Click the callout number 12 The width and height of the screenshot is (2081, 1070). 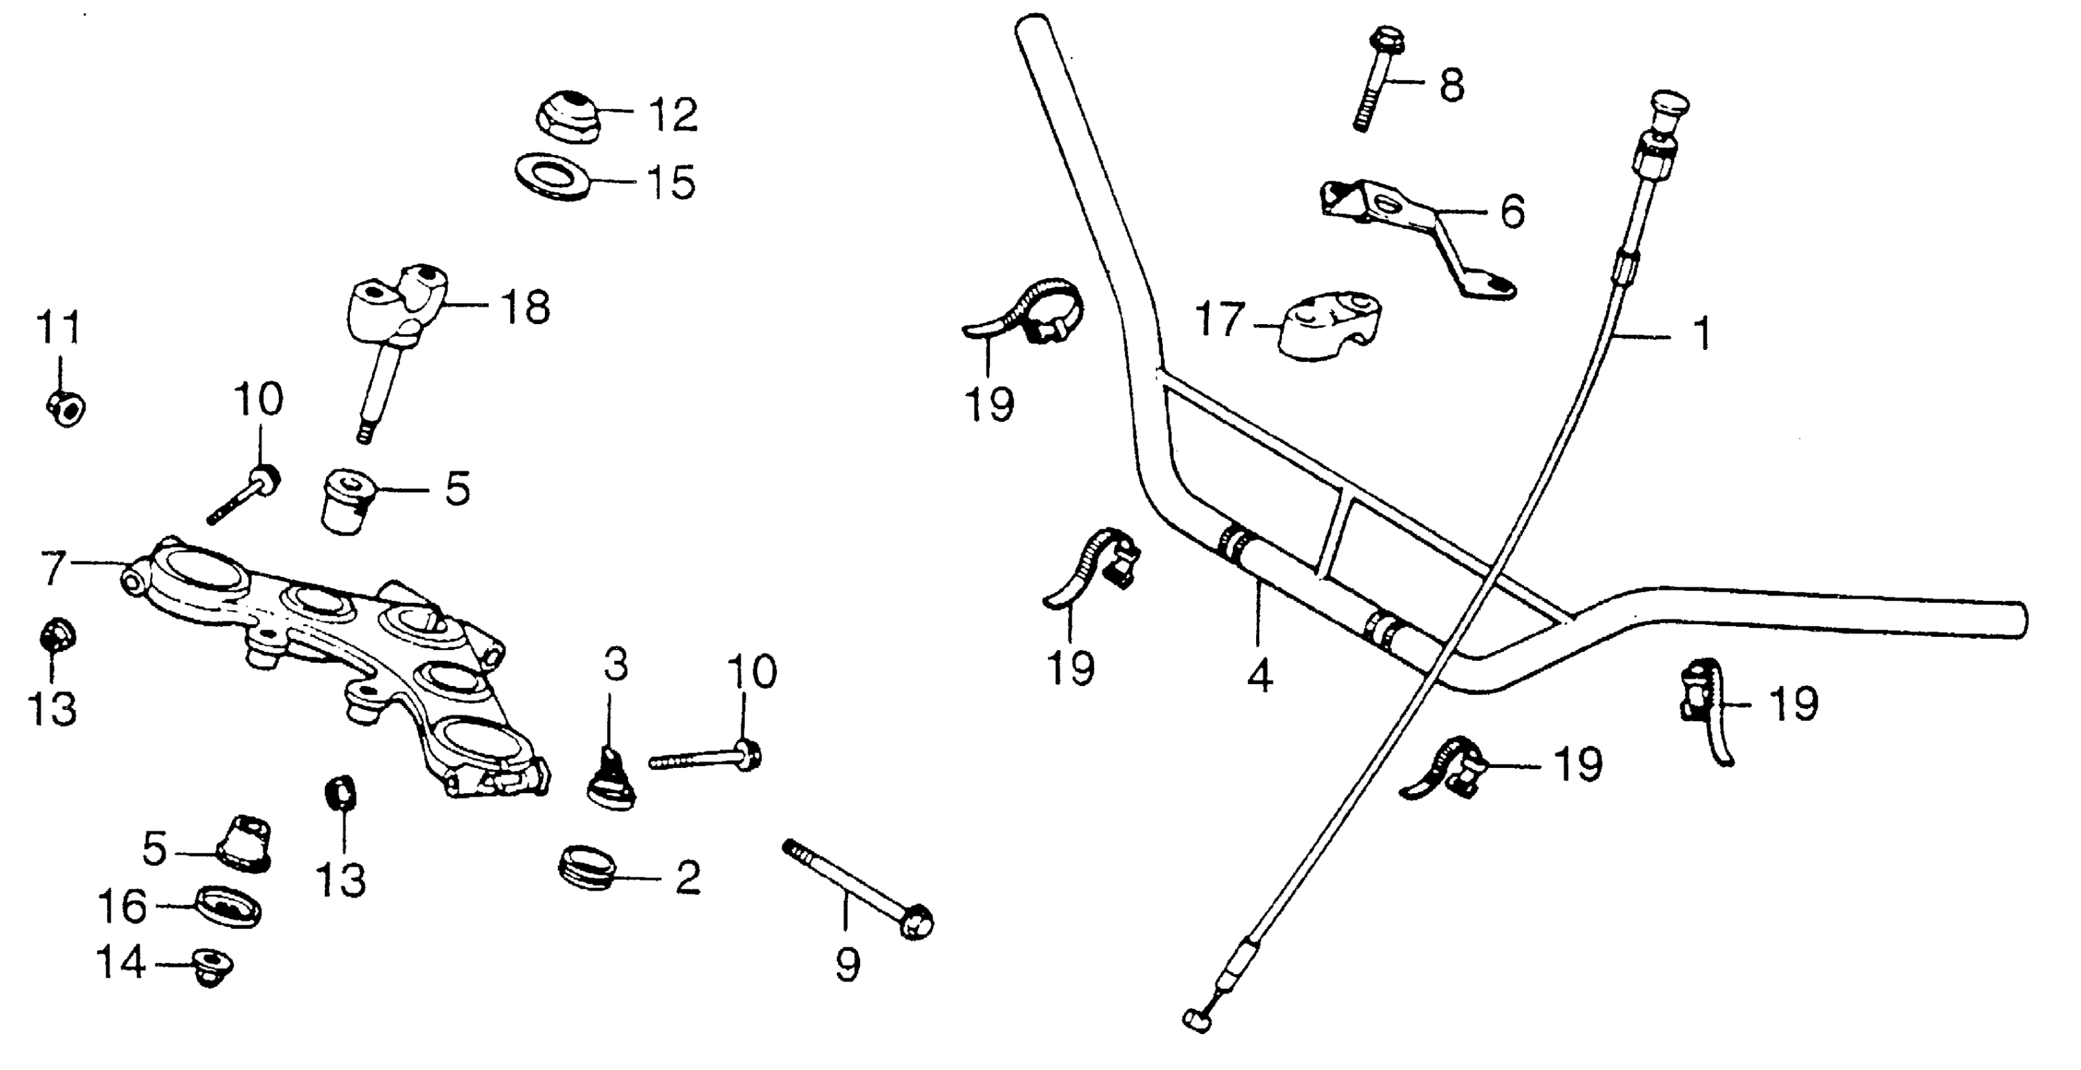coord(673,116)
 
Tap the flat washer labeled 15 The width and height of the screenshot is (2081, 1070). coord(552,179)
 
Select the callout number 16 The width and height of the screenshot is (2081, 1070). coord(122,906)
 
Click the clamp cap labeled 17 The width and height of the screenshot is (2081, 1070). coord(1327,327)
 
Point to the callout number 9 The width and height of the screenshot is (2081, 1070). coord(846,964)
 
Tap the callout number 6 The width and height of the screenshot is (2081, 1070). coord(1512,211)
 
